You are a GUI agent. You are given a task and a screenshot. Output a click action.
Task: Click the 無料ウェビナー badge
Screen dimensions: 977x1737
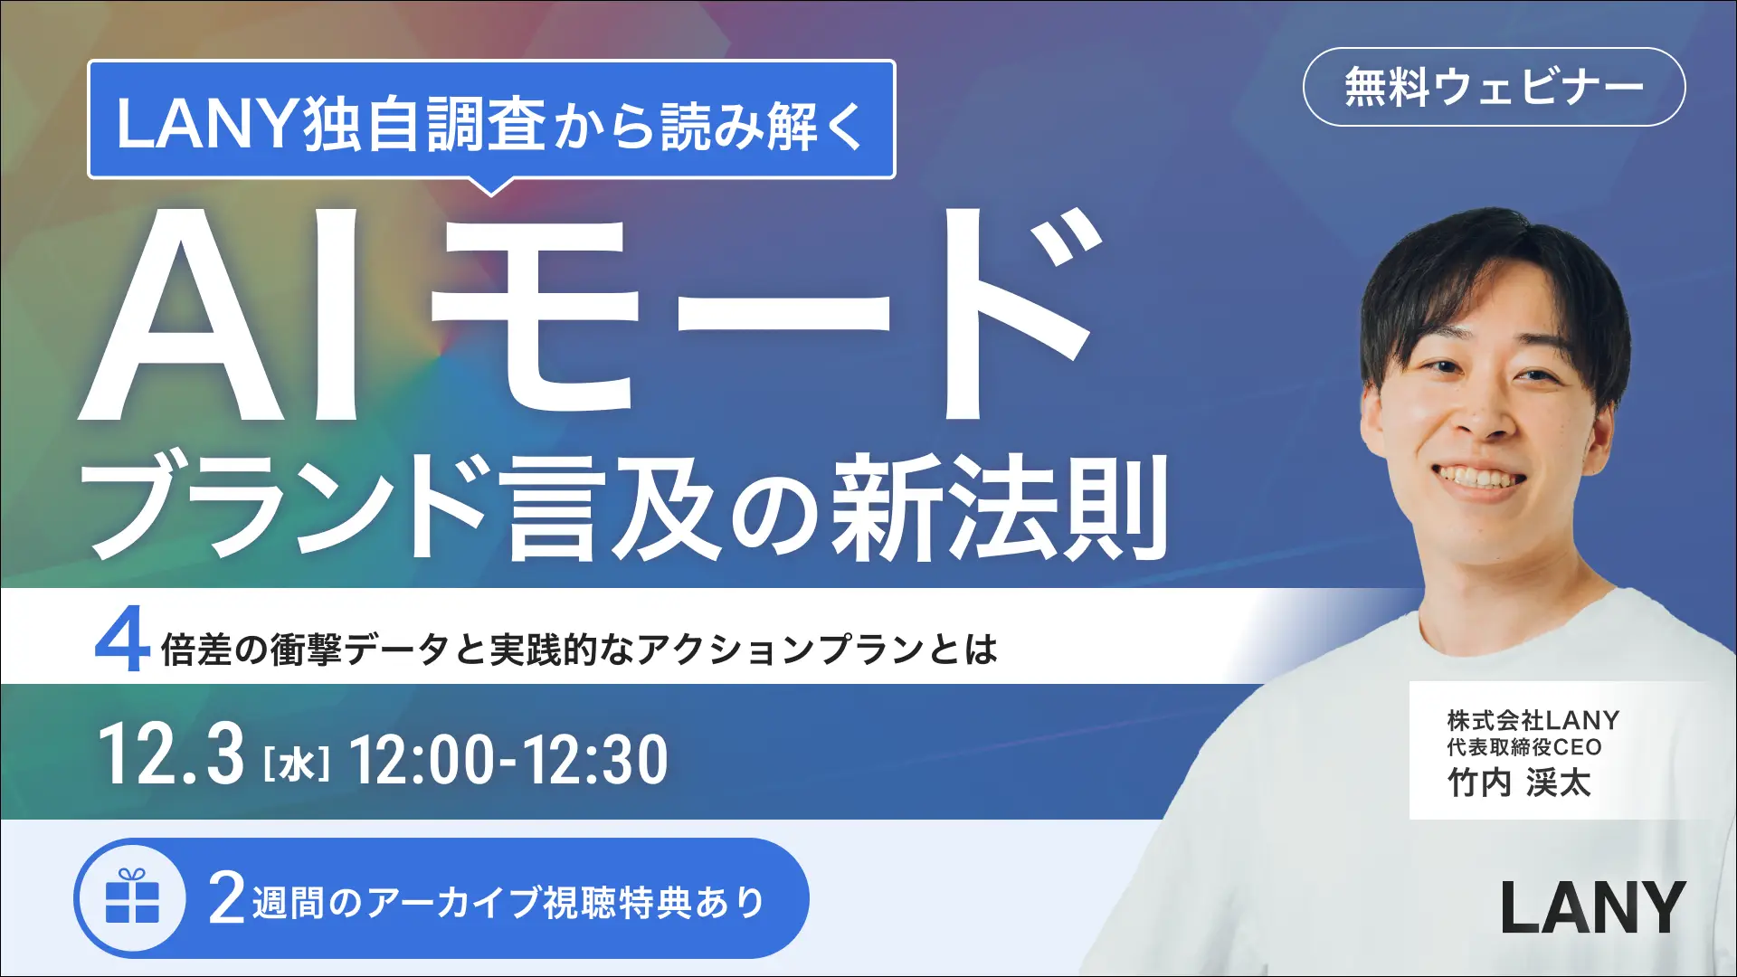(x=1494, y=87)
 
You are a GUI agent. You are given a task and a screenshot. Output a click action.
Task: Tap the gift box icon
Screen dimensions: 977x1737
(x=132, y=897)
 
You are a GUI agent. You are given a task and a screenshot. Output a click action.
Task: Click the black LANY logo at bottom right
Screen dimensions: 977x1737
(x=1592, y=907)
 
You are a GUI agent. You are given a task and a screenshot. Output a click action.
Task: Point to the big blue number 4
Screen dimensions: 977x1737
(x=121, y=641)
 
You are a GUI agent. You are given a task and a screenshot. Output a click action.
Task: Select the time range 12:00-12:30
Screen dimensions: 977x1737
(x=508, y=760)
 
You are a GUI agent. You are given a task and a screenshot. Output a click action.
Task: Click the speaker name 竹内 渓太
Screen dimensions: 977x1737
(x=1519, y=783)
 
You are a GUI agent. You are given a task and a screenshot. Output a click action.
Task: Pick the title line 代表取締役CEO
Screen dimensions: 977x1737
(x=1524, y=747)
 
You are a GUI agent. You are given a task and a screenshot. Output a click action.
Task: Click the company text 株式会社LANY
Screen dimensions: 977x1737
(x=1533, y=720)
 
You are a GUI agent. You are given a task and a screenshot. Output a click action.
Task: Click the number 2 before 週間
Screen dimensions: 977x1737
(x=226, y=898)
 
